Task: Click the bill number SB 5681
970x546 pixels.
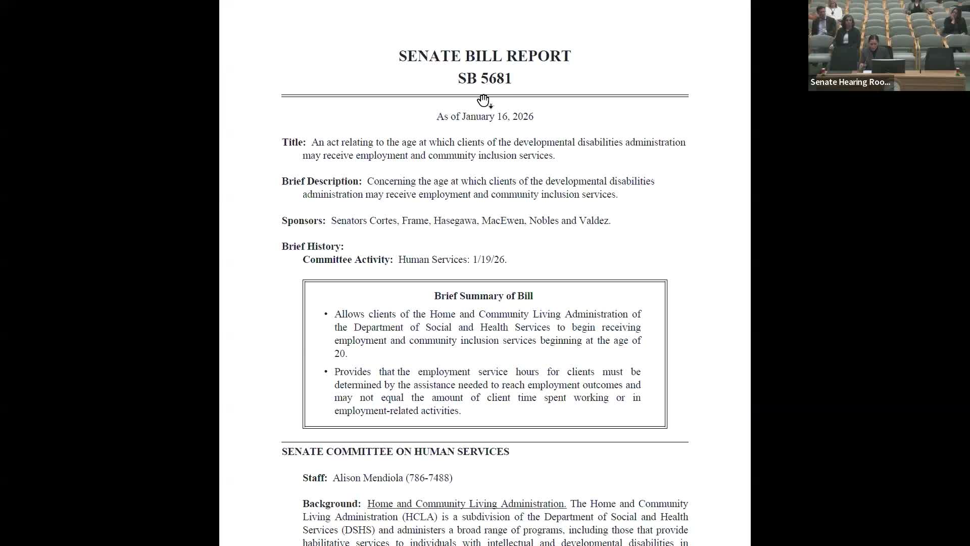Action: pyautogui.click(x=484, y=79)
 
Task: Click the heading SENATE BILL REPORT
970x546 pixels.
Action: pyautogui.click(x=484, y=56)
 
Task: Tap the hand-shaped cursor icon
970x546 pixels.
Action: pyautogui.click(x=483, y=101)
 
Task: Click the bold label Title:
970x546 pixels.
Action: pyautogui.click(x=294, y=143)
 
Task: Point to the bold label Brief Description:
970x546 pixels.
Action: pyautogui.click(x=321, y=181)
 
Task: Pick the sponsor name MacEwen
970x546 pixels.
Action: pyautogui.click(x=502, y=221)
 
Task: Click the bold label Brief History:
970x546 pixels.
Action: pyautogui.click(x=312, y=247)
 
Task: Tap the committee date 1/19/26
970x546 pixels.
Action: pyautogui.click(x=489, y=260)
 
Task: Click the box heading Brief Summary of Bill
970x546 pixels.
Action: pyautogui.click(x=483, y=296)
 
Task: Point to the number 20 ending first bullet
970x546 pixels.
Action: pyautogui.click(x=339, y=354)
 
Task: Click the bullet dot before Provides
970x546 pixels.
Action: pyautogui.click(x=326, y=372)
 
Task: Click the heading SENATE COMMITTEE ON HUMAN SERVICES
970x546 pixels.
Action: pyautogui.click(x=395, y=452)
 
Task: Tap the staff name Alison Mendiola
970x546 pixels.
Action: pyautogui.click(x=367, y=478)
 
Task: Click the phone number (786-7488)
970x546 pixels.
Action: pyautogui.click(x=429, y=478)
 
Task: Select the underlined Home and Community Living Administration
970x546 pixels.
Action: pyautogui.click(x=466, y=504)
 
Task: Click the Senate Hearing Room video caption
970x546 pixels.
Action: pyautogui.click(x=850, y=82)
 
